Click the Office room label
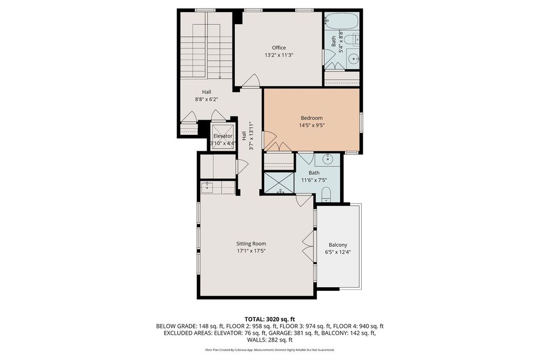[x=278, y=47]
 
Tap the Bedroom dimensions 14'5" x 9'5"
[x=312, y=125]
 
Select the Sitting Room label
[x=251, y=244]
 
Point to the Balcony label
[x=338, y=245]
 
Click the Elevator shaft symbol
[x=223, y=137]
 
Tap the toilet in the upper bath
[x=352, y=40]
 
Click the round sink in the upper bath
[x=353, y=59]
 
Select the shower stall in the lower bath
[x=278, y=183]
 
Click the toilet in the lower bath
[x=326, y=194]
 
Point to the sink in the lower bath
[x=327, y=159]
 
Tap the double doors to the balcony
[x=308, y=247]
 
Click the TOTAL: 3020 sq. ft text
[x=269, y=319]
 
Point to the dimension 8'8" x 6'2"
[x=207, y=100]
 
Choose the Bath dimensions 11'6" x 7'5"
[x=314, y=180]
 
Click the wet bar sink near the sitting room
[x=207, y=187]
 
